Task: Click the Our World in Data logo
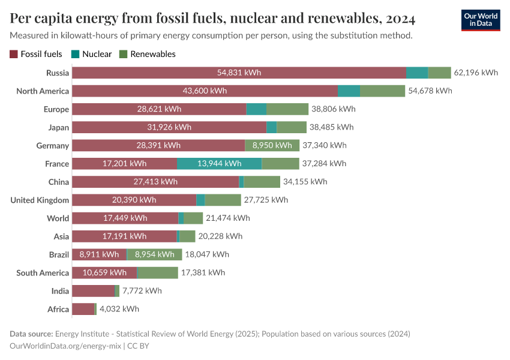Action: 481,19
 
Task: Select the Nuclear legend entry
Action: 97,54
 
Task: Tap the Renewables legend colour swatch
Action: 124,54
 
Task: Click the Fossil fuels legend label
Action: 41,54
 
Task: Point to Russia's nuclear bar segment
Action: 417,73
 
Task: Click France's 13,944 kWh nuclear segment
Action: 219,163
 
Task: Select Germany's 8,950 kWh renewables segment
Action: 272,145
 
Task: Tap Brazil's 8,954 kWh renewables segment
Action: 153,254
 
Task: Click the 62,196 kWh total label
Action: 476,73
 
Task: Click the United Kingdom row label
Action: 40,200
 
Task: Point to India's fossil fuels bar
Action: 93,291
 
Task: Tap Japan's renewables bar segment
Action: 291,127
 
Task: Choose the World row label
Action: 58,218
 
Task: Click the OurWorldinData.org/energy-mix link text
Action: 65,346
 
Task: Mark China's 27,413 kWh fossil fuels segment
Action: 155,182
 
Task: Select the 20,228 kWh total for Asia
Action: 220,236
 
